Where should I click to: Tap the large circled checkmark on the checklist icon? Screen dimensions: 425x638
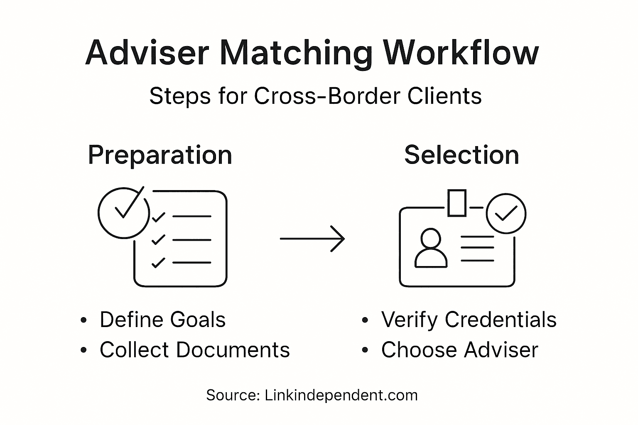coord(123,212)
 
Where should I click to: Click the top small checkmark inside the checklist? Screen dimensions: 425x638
coord(158,217)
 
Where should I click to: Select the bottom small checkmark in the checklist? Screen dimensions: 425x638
coord(158,263)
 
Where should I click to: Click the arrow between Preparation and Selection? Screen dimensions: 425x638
coord(312,239)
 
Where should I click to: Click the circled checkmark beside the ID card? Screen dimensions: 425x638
coord(505,213)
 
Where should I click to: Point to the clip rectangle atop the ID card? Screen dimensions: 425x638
coord(457,203)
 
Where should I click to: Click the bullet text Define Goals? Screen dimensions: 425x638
coord(162,320)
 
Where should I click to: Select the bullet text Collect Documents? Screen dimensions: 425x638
coord(194,349)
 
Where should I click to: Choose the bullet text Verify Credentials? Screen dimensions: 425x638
coord(469,320)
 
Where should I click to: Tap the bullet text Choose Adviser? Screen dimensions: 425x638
coord(459,349)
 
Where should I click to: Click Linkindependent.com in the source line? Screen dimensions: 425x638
coord(341,395)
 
